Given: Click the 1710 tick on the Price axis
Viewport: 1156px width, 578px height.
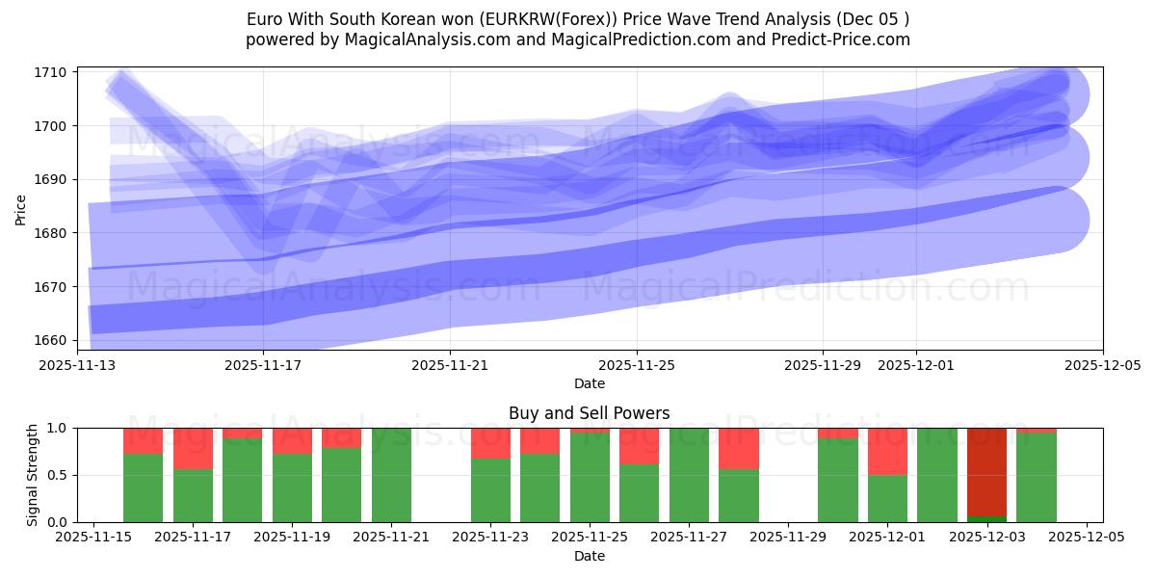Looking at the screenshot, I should [50, 72].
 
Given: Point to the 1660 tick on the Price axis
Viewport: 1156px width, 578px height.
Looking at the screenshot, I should [50, 340].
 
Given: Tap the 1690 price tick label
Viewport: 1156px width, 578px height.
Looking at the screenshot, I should [50, 179].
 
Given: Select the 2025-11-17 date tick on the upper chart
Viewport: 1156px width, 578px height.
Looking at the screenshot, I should [264, 366].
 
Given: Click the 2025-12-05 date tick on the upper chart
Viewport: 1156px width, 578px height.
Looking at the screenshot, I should [1103, 366].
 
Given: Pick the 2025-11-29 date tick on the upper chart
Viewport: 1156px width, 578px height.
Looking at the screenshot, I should [823, 366].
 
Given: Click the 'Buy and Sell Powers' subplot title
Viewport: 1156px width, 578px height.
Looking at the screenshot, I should [589, 413].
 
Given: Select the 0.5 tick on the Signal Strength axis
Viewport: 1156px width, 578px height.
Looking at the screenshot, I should [56, 475].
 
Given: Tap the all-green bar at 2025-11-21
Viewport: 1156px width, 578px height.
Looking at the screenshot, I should [391, 475].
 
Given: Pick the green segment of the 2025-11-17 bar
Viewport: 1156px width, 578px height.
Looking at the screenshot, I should [193, 496].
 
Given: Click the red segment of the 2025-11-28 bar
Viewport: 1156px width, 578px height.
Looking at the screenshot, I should [739, 448].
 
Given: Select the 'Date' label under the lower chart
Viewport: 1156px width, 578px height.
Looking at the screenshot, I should [589, 556].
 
